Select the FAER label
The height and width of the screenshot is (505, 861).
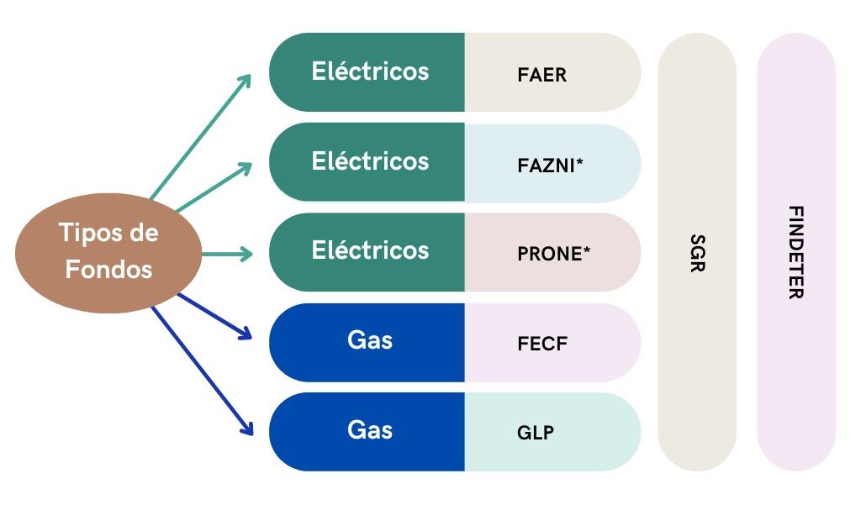(542, 75)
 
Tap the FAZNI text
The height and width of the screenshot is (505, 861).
(547, 166)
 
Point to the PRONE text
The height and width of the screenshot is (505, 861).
(549, 254)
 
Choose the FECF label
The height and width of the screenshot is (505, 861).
(541, 344)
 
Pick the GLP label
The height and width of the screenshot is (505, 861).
(536, 433)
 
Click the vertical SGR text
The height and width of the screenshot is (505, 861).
(696, 253)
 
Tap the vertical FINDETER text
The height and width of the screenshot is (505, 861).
(795, 252)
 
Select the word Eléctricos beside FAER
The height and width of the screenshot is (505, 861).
(370, 71)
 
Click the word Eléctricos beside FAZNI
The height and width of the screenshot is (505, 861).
(370, 160)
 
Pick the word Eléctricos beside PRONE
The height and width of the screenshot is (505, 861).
(370, 250)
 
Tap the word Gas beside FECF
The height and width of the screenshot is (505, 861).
(370, 340)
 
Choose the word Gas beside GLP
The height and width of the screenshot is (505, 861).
(370, 430)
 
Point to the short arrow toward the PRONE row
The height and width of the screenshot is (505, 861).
(227, 253)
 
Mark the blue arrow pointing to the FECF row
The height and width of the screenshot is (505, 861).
(214, 316)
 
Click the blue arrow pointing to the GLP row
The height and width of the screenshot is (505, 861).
(202, 370)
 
